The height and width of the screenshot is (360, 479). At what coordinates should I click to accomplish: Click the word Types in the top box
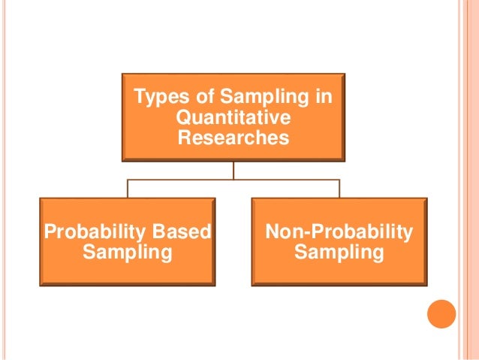(x=155, y=98)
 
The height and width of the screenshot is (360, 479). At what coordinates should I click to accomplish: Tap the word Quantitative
(x=232, y=118)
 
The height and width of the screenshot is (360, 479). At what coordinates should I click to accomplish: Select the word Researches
(x=233, y=138)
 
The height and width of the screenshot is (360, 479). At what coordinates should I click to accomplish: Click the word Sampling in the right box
(x=339, y=253)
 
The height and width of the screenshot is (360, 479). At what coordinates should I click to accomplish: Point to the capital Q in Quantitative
(x=180, y=118)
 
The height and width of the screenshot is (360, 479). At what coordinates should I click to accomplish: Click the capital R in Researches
(x=184, y=138)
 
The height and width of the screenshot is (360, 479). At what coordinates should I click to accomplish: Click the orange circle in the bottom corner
(x=441, y=314)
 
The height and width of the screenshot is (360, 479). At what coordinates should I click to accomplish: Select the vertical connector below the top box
(x=233, y=171)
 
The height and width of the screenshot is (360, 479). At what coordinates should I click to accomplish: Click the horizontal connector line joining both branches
(x=233, y=180)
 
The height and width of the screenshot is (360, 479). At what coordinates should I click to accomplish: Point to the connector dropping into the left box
(x=127, y=189)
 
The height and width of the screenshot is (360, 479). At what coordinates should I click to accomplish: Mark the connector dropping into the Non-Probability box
(x=339, y=189)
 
